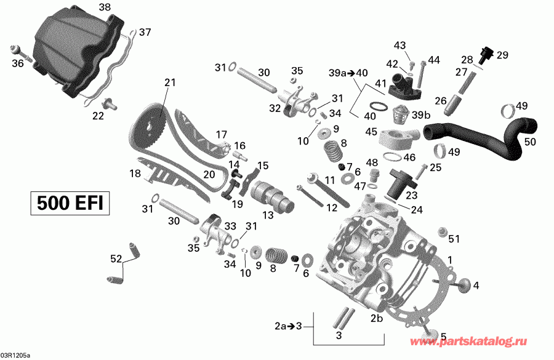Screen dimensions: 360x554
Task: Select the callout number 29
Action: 503,55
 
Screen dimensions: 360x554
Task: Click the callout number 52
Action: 115,259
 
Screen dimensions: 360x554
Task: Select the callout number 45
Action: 371,131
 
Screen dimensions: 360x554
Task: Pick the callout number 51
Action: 454,239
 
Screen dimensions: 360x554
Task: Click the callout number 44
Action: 435,60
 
